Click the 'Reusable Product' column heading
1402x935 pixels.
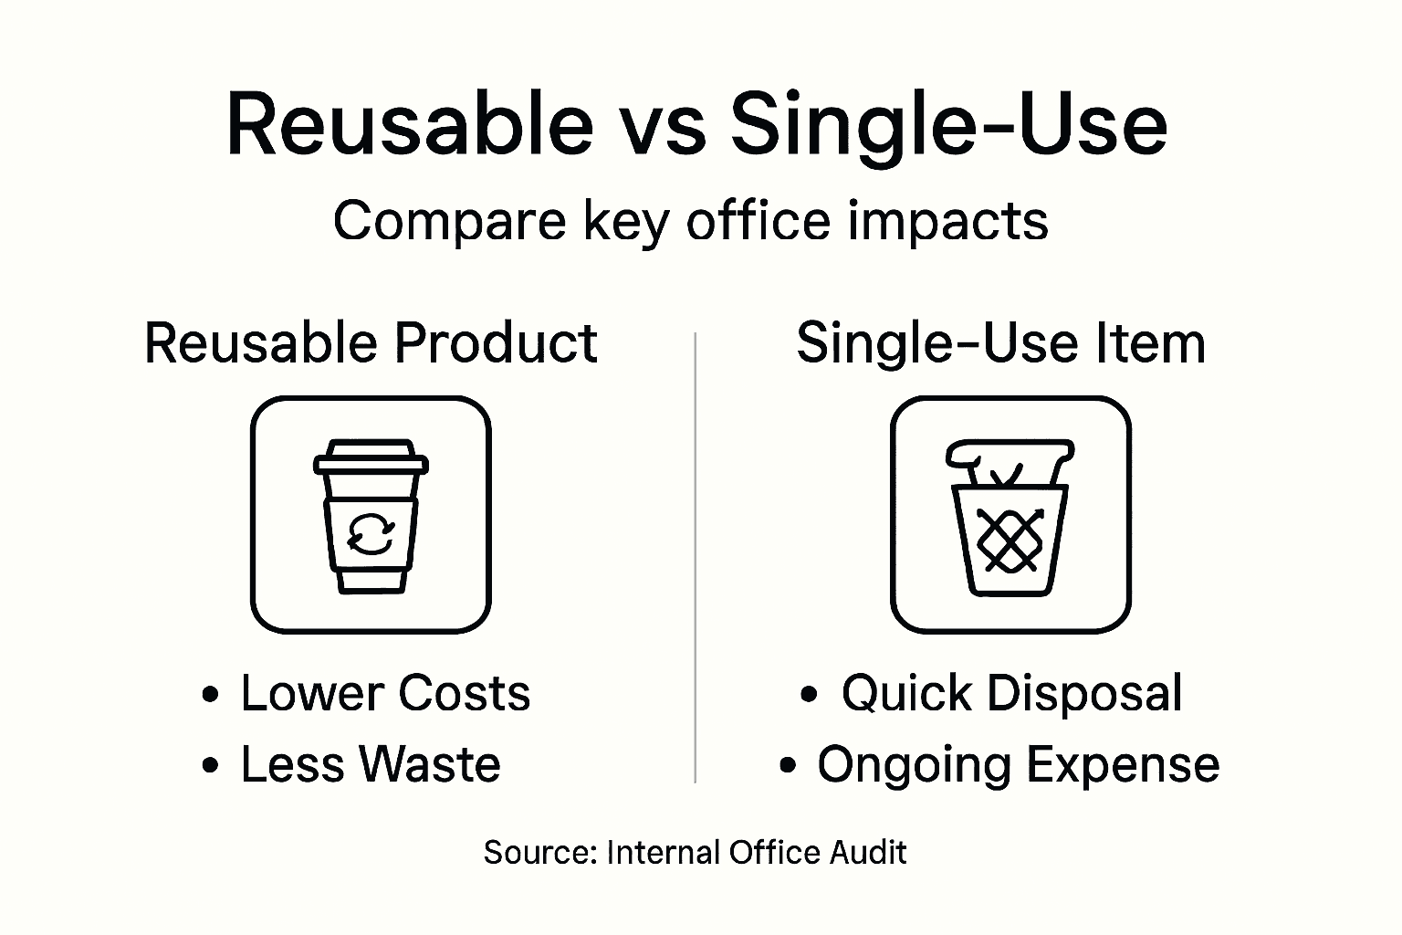point(371,343)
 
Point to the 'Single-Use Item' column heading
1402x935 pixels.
point(1000,343)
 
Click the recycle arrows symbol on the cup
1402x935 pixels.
point(371,533)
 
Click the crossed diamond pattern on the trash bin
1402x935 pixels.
point(1010,538)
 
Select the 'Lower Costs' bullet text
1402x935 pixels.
point(384,693)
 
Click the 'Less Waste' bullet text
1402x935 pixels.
point(370,764)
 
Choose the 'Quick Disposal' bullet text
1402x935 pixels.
point(1011,693)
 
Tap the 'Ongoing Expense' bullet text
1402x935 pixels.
point(1018,764)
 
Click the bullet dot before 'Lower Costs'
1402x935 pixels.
point(211,695)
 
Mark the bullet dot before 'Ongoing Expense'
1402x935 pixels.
point(789,766)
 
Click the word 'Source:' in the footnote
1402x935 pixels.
point(539,853)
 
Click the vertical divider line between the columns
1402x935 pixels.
point(696,557)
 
